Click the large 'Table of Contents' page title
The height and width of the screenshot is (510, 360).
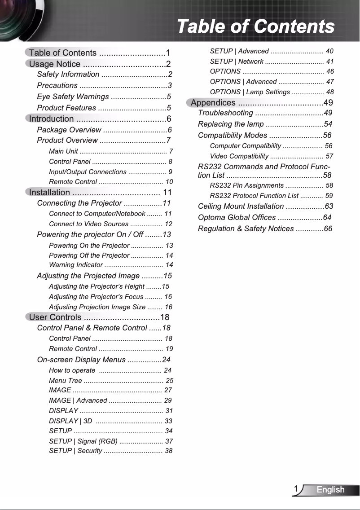255,26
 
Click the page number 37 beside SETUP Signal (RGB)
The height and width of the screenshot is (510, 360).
169,441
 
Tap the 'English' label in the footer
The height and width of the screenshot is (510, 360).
330,490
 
